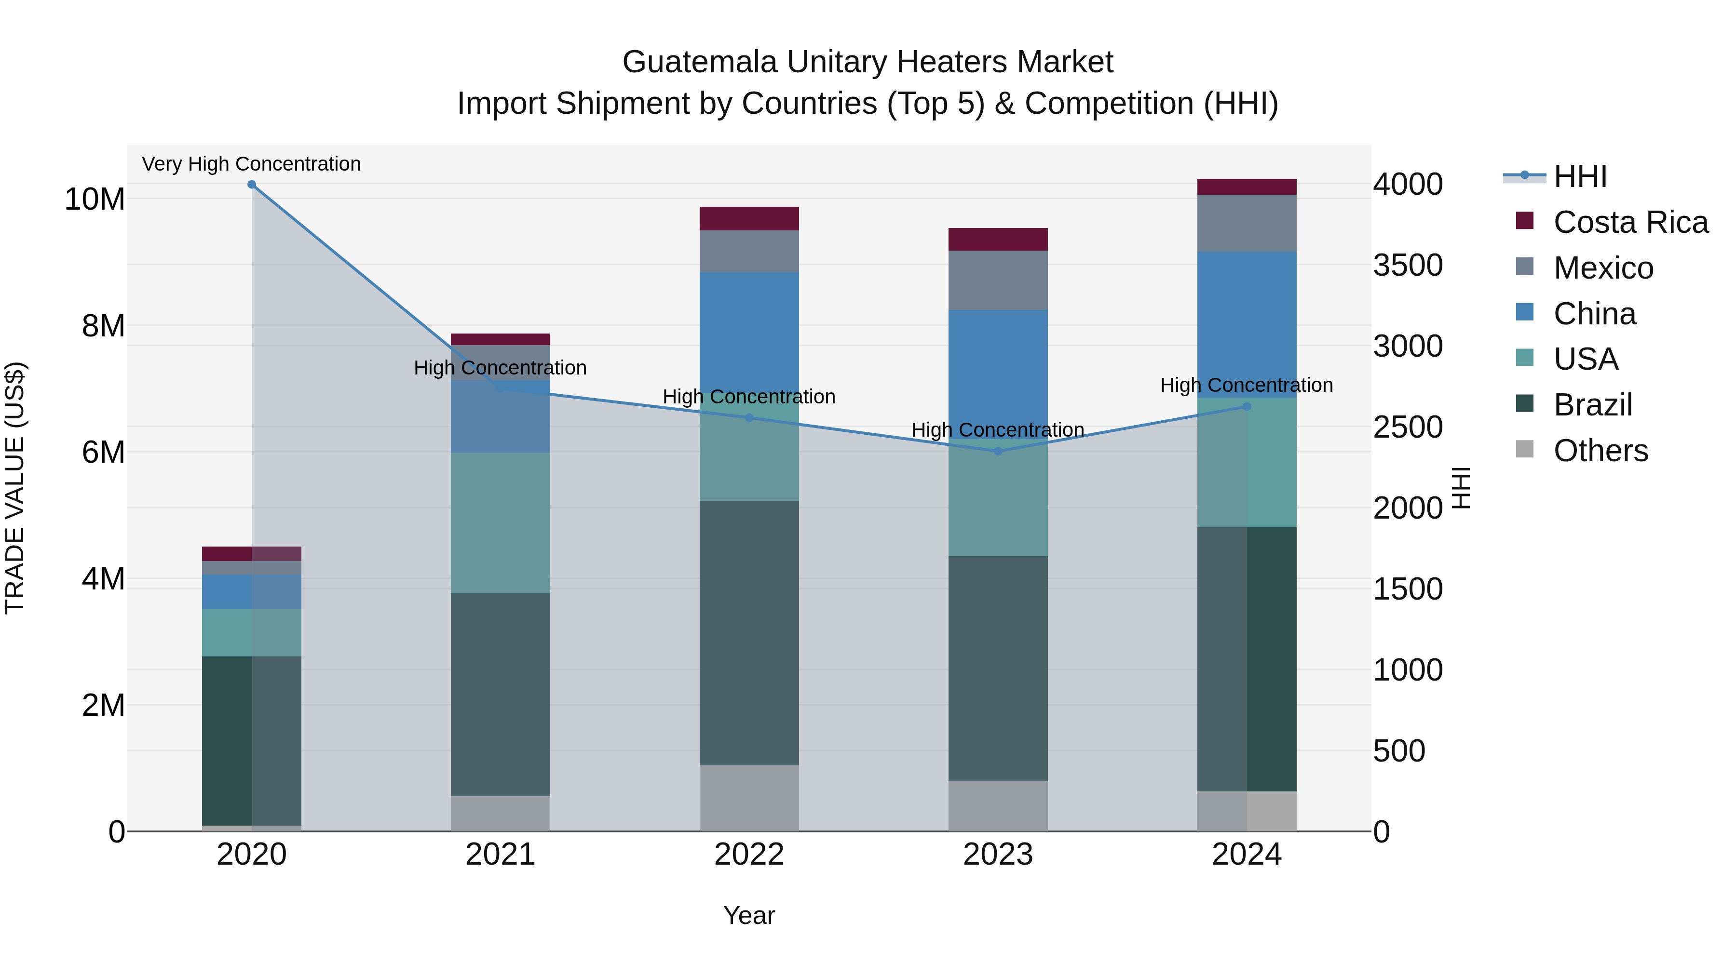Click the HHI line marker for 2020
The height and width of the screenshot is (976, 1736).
pyautogui.click(x=251, y=184)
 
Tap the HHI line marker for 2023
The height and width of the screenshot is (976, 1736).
pyautogui.click(x=998, y=451)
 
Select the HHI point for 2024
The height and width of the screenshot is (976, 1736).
pyautogui.click(x=1247, y=407)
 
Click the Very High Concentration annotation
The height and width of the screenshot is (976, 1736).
pyautogui.click(x=251, y=164)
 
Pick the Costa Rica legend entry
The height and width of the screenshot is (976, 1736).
pyautogui.click(x=1630, y=222)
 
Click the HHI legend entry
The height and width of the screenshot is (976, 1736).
pyautogui.click(x=1580, y=176)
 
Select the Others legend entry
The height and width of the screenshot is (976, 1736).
pyautogui.click(x=1600, y=451)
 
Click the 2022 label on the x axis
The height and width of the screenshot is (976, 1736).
pyautogui.click(x=749, y=855)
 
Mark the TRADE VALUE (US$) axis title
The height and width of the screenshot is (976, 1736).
pyautogui.click(x=15, y=488)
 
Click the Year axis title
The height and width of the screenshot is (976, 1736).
pyautogui.click(x=749, y=915)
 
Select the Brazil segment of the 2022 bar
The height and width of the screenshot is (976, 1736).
pyautogui.click(x=749, y=633)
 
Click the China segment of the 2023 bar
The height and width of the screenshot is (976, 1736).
pyautogui.click(x=998, y=374)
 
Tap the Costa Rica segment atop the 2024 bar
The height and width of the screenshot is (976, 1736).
pyautogui.click(x=1247, y=187)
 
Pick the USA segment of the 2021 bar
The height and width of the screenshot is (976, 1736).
pyautogui.click(x=500, y=522)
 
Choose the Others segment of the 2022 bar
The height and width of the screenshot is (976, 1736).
pyautogui.click(x=749, y=798)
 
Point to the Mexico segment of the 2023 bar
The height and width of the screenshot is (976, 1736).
pyautogui.click(x=998, y=280)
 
